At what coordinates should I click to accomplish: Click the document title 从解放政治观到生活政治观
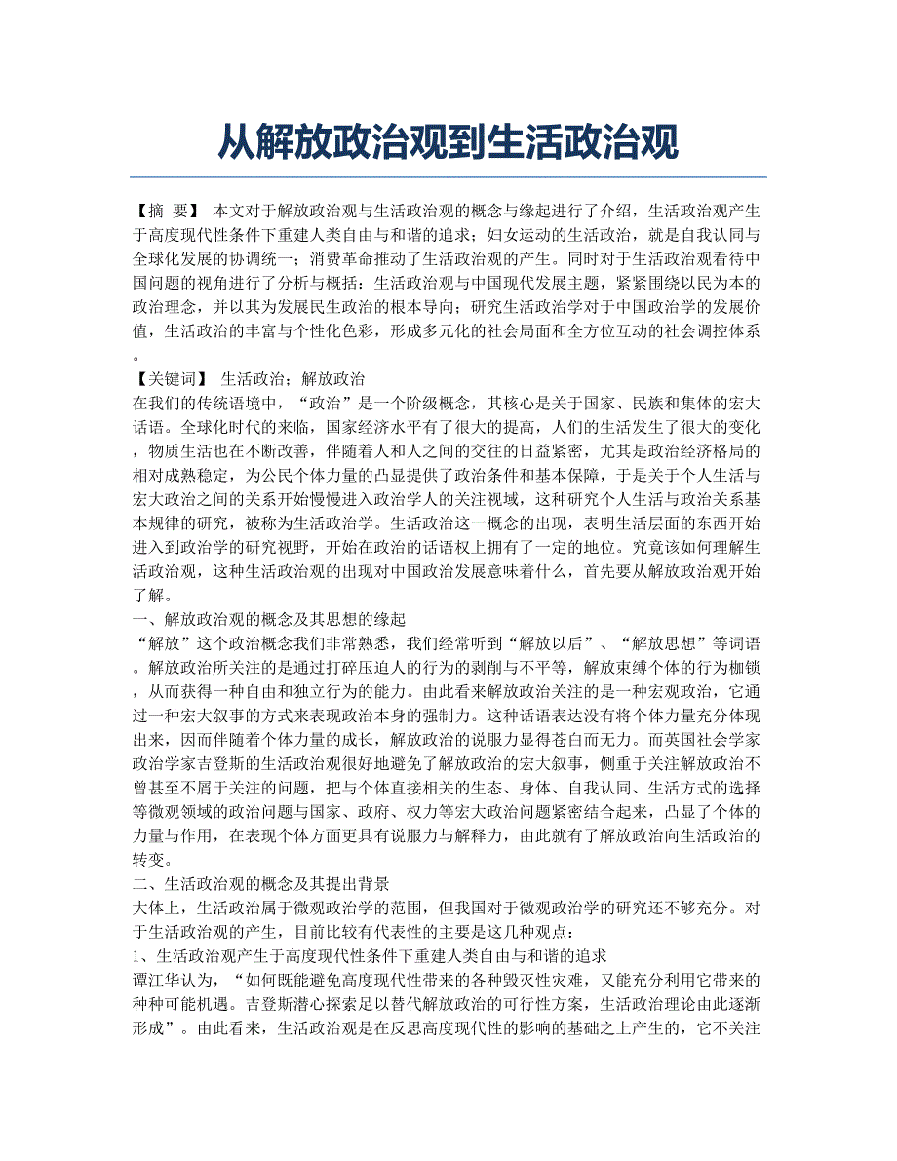coord(448,141)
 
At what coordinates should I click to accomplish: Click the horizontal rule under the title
coord(448,177)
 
